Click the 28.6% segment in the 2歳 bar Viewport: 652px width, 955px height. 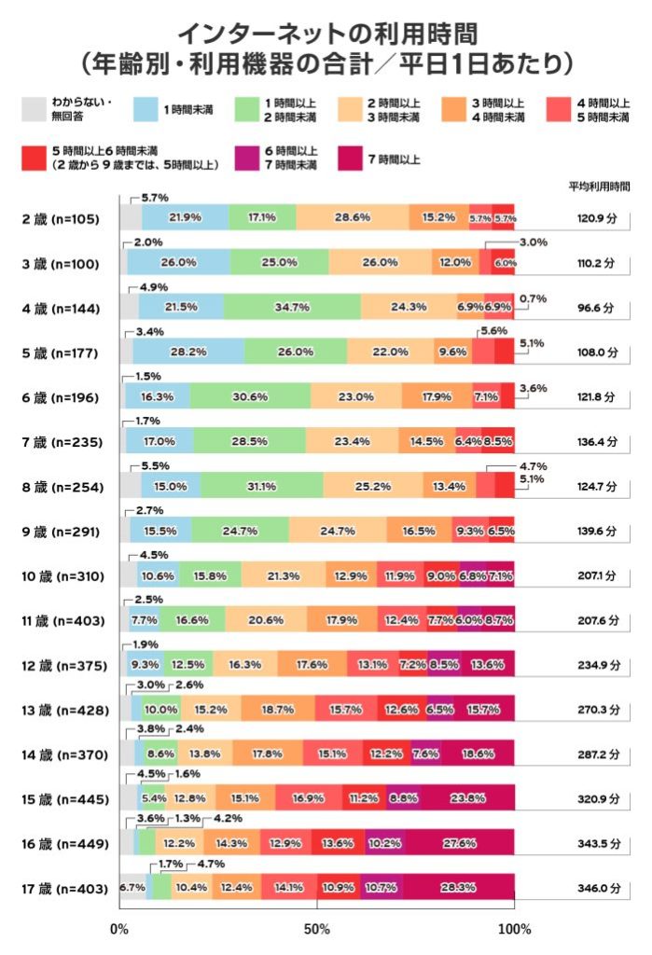(x=353, y=217)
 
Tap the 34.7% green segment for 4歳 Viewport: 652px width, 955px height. (x=291, y=307)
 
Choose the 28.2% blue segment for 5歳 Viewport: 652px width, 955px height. (x=188, y=352)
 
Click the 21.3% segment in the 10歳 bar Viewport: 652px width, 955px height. (x=284, y=575)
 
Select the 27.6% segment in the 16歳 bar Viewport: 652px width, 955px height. (x=459, y=844)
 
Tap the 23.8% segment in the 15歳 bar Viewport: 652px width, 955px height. (x=466, y=799)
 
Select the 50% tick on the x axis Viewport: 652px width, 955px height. (x=317, y=929)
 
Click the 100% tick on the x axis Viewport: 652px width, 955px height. (x=514, y=929)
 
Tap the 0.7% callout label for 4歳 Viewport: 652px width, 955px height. (x=533, y=298)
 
